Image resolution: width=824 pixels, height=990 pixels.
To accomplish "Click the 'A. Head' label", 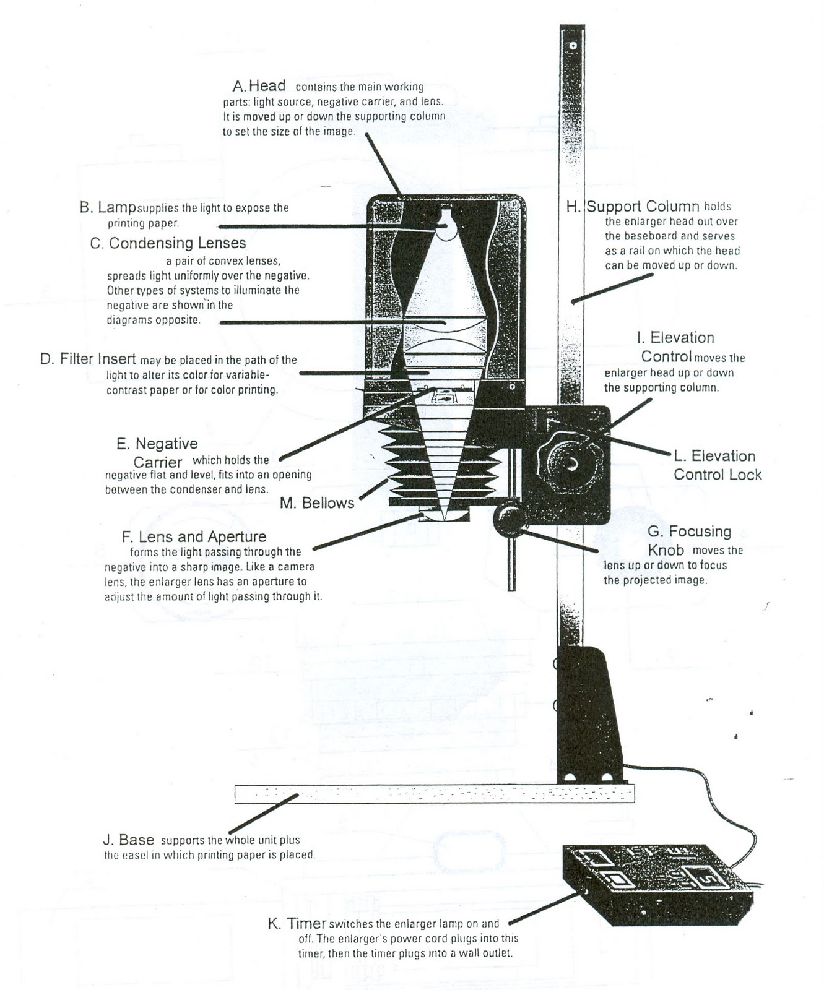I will pyautogui.click(x=259, y=86).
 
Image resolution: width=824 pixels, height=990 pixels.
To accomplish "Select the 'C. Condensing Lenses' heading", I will pyautogui.click(x=168, y=243).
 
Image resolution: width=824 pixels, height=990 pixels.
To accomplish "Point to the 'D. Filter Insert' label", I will pyautogui.click(x=88, y=359).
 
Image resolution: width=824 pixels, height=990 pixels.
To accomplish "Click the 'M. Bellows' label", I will pyautogui.click(x=317, y=503).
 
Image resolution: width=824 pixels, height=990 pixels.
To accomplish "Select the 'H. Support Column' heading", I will pyautogui.click(x=633, y=207).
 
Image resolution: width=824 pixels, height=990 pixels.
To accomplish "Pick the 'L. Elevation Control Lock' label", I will pyautogui.click(x=717, y=465).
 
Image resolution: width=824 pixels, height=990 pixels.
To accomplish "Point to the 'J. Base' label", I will pyautogui.click(x=128, y=840).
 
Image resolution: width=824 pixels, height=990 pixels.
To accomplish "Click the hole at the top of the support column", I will pyautogui.click(x=573, y=46).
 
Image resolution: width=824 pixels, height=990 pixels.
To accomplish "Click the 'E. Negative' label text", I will pyautogui.click(x=157, y=444).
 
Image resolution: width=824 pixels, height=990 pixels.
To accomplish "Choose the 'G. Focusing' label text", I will pyautogui.click(x=689, y=532).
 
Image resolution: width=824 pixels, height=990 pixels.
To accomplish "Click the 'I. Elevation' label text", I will pyautogui.click(x=675, y=338).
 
